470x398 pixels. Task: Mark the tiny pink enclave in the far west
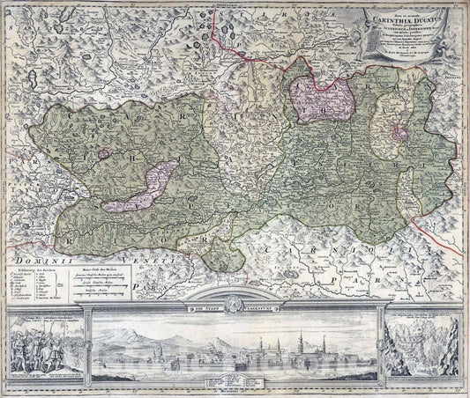tap(104, 153)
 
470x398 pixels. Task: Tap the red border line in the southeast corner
tap(441, 264)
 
